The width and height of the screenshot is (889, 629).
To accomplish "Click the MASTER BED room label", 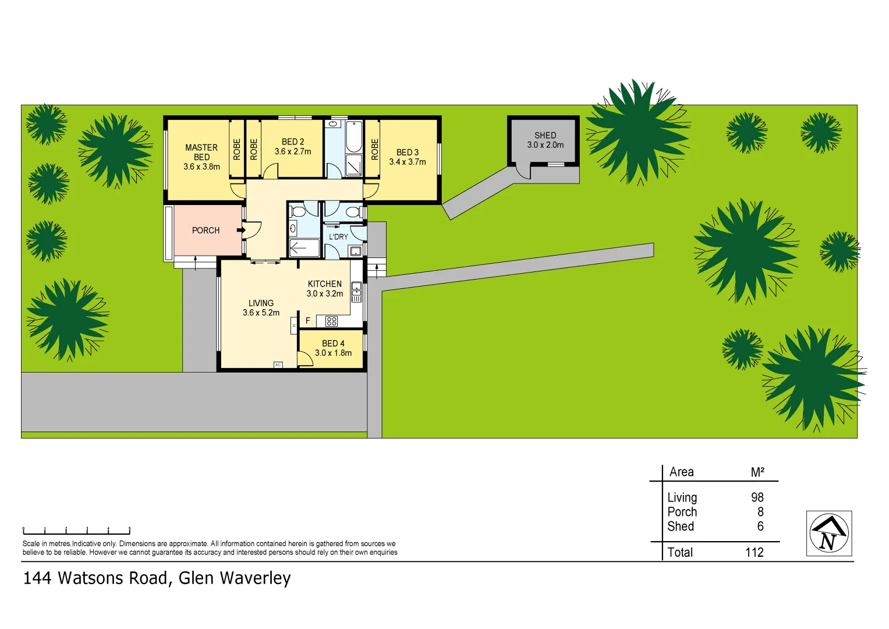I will click(x=201, y=153).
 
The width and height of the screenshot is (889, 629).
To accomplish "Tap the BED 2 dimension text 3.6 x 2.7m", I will click(x=293, y=151).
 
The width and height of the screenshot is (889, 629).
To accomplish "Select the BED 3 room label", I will click(x=408, y=152).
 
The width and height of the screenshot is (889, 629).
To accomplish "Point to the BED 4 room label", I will click(x=333, y=344).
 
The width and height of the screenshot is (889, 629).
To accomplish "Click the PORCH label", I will click(x=206, y=231).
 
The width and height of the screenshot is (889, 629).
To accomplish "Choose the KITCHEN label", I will click(x=325, y=284).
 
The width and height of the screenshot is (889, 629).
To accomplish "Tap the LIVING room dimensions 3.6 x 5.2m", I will click(x=261, y=313).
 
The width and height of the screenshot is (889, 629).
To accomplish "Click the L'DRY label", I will click(x=338, y=237).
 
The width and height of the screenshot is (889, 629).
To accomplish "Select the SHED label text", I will click(x=546, y=135).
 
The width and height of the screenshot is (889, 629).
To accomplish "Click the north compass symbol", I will click(x=829, y=533).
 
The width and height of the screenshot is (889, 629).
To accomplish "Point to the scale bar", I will click(x=76, y=531).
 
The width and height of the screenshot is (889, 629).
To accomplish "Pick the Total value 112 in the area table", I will click(x=755, y=552).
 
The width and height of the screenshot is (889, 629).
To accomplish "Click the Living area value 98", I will click(x=757, y=497).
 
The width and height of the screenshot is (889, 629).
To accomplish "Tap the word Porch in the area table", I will click(x=682, y=512).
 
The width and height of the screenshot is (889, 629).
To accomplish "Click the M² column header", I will click(x=757, y=472).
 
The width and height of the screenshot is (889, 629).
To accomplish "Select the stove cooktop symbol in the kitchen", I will click(x=332, y=321).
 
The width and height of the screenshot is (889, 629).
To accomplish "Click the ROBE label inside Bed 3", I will click(x=374, y=149).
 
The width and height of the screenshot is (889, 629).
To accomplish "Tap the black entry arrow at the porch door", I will click(x=240, y=230).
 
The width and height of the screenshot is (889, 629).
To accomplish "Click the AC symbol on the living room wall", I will click(x=278, y=365).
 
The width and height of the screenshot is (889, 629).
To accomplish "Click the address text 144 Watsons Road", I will click(x=96, y=578).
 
